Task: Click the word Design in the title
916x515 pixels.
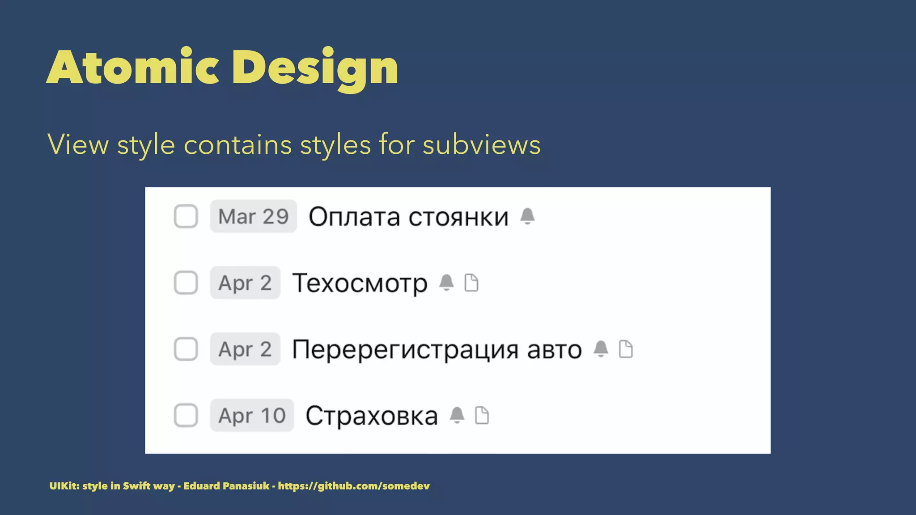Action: [x=315, y=68]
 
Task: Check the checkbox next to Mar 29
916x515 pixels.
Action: [x=186, y=216]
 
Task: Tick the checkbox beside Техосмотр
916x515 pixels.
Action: [x=186, y=283]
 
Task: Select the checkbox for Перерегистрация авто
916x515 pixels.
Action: [x=186, y=349]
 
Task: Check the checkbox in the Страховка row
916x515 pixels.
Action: [x=186, y=415]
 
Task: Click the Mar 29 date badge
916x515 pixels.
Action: [x=253, y=216]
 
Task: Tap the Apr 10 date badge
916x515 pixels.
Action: [x=252, y=415]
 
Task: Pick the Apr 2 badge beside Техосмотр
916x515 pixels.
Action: [x=245, y=283]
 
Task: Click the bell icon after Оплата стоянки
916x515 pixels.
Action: [x=527, y=216]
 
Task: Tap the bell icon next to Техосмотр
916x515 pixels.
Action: [x=446, y=283]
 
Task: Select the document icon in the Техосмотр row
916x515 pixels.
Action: [x=471, y=283]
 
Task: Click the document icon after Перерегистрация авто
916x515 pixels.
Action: [x=626, y=349]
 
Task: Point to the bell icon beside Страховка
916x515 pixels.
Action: [x=457, y=415]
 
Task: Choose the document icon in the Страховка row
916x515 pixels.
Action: [x=482, y=415]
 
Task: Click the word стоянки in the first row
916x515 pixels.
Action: [x=458, y=217]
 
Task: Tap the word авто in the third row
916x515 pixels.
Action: [x=554, y=350]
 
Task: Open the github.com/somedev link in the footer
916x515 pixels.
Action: [x=353, y=486]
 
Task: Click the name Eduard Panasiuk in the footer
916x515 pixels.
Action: [x=226, y=486]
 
